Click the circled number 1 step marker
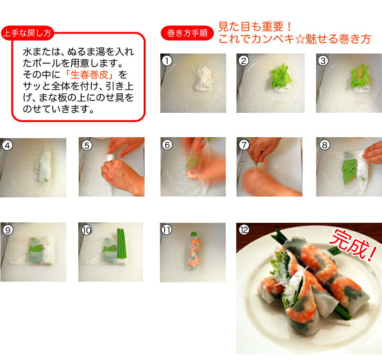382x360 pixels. click(167, 61)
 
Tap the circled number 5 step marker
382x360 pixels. click(87, 145)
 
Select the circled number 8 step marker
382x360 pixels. click(325, 145)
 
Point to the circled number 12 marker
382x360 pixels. click(244, 230)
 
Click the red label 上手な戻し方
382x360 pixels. click(27, 33)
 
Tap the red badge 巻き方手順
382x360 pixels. click(187, 33)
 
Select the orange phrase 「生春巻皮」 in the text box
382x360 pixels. click(89, 75)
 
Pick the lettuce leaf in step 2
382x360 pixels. click(281, 76)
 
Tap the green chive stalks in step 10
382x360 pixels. click(122, 243)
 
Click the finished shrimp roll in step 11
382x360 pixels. click(194, 251)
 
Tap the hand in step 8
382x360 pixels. click(373, 153)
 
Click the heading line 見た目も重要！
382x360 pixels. click(255, 26)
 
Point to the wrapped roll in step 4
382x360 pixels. click(44, 166)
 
